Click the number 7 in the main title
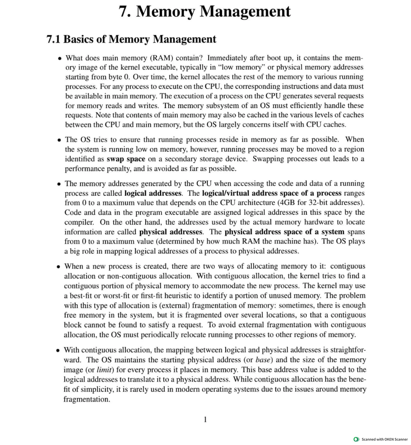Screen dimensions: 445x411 [x=124, y=12]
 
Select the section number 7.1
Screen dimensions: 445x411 [x=53, y=39]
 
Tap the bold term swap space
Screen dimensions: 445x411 [x=126, y=159]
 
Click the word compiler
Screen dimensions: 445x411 [x=79, y=222]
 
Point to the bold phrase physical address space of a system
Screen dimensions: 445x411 [x=285, y=232]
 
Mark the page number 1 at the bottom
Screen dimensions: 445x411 [x=205, y=419]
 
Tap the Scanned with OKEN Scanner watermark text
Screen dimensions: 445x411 [x=384, y=440]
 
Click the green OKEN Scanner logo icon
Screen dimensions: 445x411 [x=357, y=440]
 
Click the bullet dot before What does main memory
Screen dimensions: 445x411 [x=60, y=58]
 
